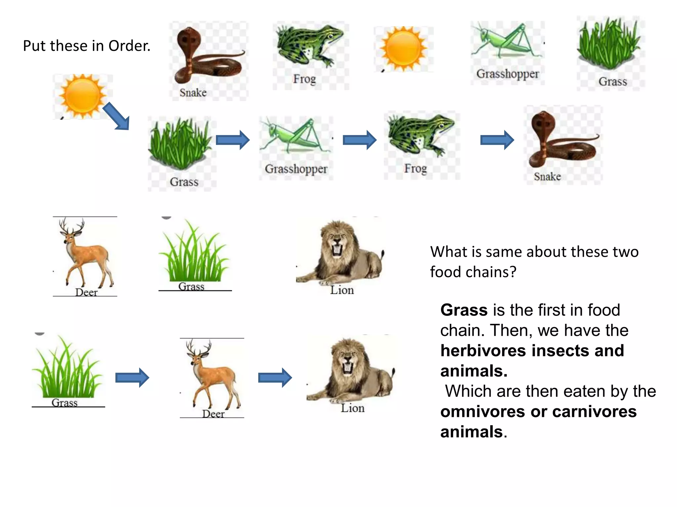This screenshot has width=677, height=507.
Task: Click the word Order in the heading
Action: coord(129,46)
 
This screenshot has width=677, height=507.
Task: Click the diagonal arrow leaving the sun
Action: coord(116,116)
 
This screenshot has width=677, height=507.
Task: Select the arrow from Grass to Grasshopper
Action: coord(233,140)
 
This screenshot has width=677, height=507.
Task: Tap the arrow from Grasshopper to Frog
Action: coord(360,140)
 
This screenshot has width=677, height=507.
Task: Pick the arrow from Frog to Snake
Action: coord(497,140)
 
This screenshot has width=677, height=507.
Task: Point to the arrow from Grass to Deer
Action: coord(132,377)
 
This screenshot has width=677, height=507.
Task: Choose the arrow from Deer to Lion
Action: coord(275,377)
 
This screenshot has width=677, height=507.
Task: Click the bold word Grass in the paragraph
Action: coord(464,310)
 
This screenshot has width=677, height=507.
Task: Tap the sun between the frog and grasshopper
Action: coord(403,49)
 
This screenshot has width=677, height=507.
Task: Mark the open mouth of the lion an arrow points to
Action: coord(347,367)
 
